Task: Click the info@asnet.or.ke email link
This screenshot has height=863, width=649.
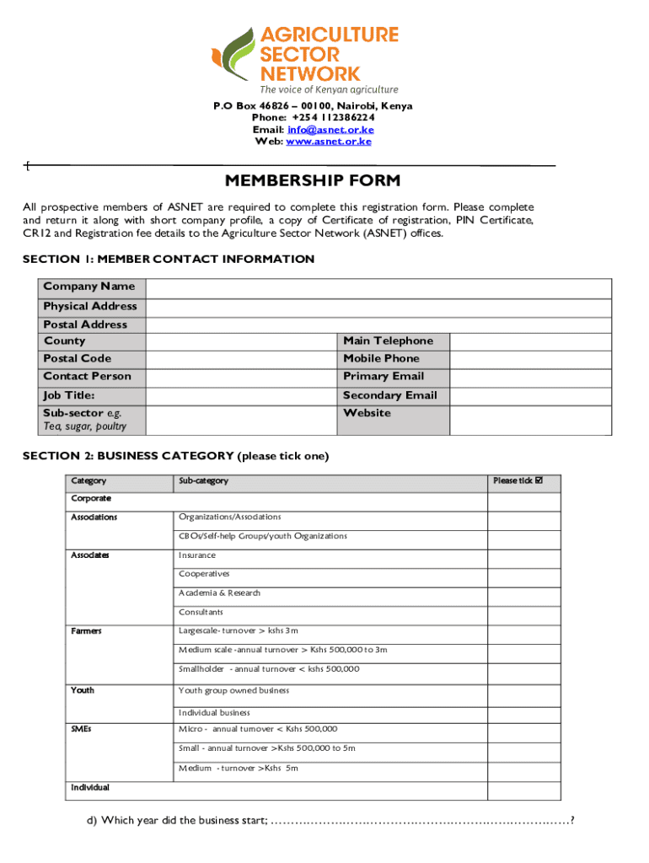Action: [x=330, y=130]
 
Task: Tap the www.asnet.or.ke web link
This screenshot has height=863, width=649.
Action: [x=329, y=142]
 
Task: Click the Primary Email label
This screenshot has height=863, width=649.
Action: [x=383, y=377]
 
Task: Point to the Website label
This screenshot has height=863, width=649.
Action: [x=367, y=413]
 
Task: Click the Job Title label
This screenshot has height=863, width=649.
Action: [x=69, y=395]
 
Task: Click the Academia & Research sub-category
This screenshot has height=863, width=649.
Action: [x=219, y=593]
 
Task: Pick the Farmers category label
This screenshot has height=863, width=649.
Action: [x=87, y=631]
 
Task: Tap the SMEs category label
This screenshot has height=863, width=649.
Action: [x=82, y=729]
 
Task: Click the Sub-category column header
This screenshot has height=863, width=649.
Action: [x=203, y=481]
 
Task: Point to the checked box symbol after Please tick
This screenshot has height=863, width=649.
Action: [x=540, y=481]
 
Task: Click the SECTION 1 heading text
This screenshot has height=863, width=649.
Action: [x=169, y=259]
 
